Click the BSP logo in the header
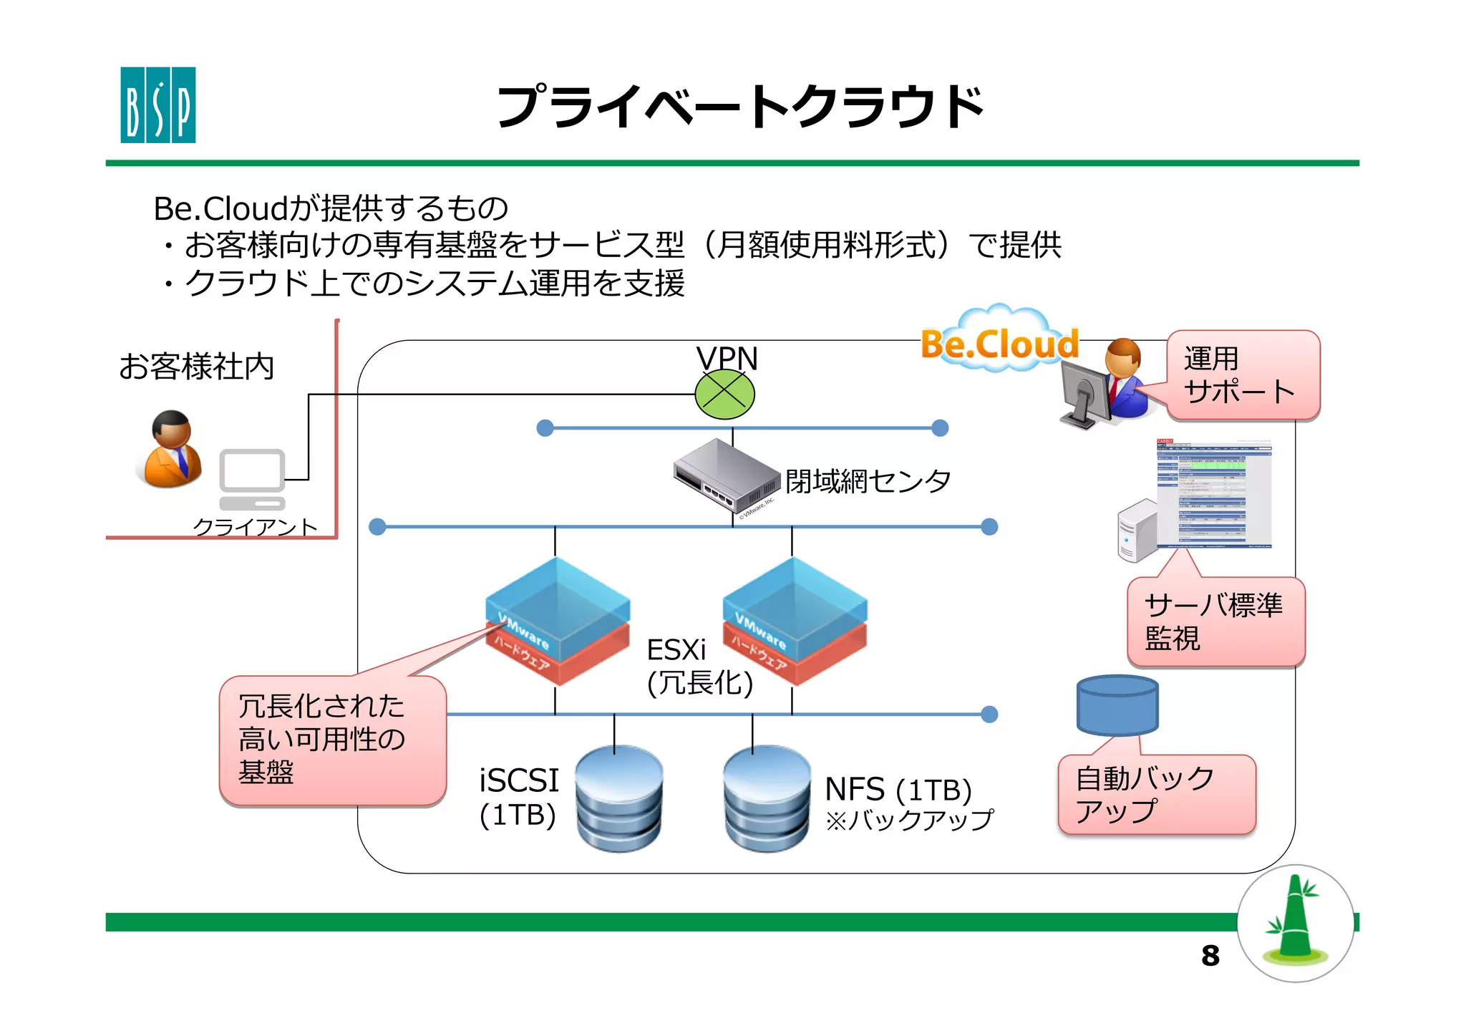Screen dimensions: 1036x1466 tap(157, 105)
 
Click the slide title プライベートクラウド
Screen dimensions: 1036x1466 tap(740, 107)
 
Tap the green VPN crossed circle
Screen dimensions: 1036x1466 tap(724, 394)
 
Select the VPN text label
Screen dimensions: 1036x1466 tap(727, 358)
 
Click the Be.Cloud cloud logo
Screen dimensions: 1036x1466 tap(1000, 342)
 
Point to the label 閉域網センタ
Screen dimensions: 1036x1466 tap(868, 481)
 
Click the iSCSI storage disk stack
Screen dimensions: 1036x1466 tap(619, 798)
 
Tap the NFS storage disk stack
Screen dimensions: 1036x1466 tap(767, 798)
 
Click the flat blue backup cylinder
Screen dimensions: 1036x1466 tap(1117, 705)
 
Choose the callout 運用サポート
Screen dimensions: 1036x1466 tap(1242, 375)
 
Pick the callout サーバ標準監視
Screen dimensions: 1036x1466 tap(1215, 621)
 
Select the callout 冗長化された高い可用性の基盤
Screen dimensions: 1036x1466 tap(332, 740)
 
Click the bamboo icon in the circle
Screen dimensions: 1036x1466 tap(1295, 923)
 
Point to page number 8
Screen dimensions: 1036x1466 tap(1210, 956)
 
